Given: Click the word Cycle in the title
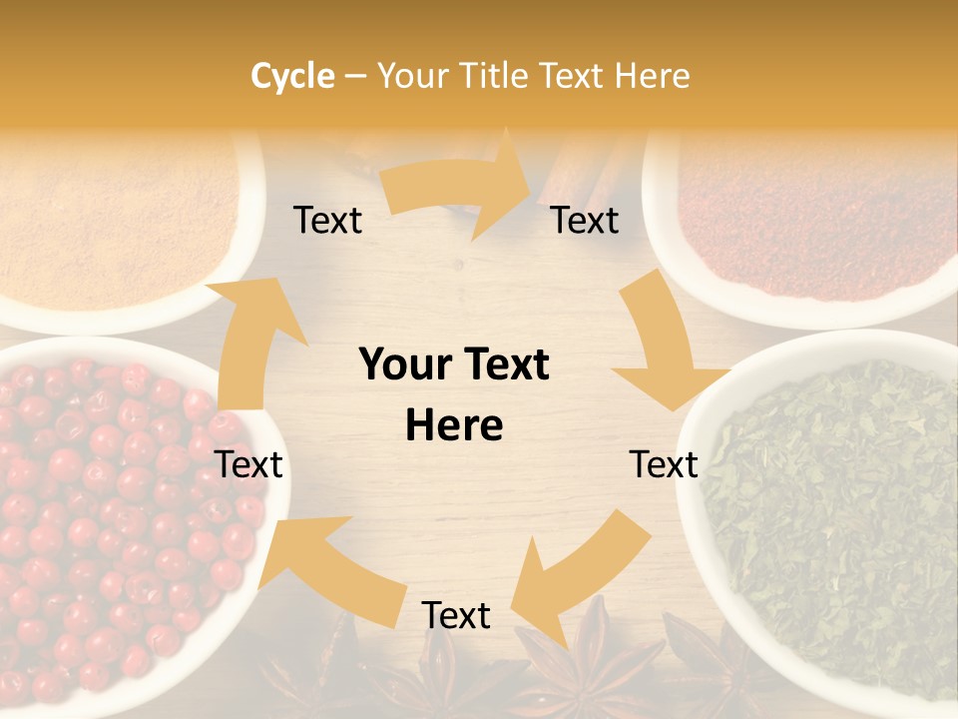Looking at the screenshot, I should tap(292, 76).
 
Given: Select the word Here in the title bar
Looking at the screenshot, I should tap(652, 76).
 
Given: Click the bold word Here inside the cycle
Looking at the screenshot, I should tap(454, 426).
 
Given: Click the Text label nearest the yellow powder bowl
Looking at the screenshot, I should tap(327, 221).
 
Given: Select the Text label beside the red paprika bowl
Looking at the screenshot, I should tap(585, 221).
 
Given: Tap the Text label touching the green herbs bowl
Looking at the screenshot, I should tap(664, 464).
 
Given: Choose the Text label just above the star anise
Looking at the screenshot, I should tap(456, 616).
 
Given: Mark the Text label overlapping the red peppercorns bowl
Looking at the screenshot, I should tap(249, 464).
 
